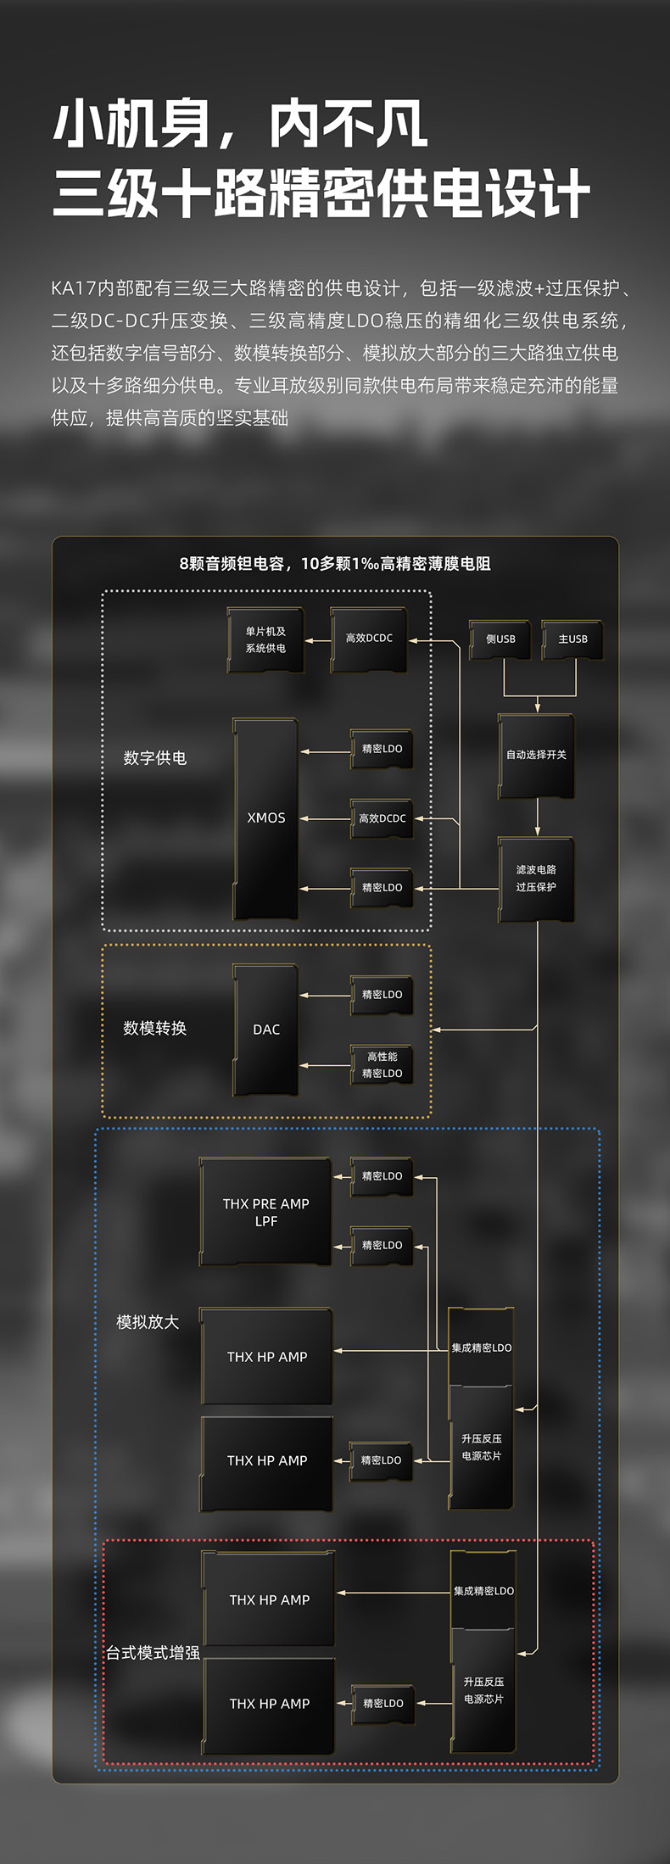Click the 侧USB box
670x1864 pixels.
click(500, 639)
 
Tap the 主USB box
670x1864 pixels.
click(572, 639)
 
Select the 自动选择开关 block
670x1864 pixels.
click(536, 756)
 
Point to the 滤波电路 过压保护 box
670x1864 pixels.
click(536, 879)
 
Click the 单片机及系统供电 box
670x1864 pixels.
click(265, 640)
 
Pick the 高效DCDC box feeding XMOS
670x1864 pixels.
click(382, 819)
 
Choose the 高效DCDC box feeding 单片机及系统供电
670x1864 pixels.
click(369, 639)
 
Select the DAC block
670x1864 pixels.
click(265, 1030)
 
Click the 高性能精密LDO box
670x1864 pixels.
click(382, 1065)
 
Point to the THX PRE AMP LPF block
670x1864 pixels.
click(265, 1213)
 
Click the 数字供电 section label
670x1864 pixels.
click(154, 758)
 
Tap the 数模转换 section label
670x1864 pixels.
click(154, 1028)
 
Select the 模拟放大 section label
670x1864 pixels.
click(148, 1322)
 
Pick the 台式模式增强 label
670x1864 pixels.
click(153, 1653)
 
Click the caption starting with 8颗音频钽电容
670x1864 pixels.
click(335, 564)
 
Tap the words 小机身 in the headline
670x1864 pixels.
click(131, 125)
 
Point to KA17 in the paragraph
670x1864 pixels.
click(74, 288)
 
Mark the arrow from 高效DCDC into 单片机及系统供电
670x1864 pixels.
click(317, 640)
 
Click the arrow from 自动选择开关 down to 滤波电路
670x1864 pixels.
click(537, 818)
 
